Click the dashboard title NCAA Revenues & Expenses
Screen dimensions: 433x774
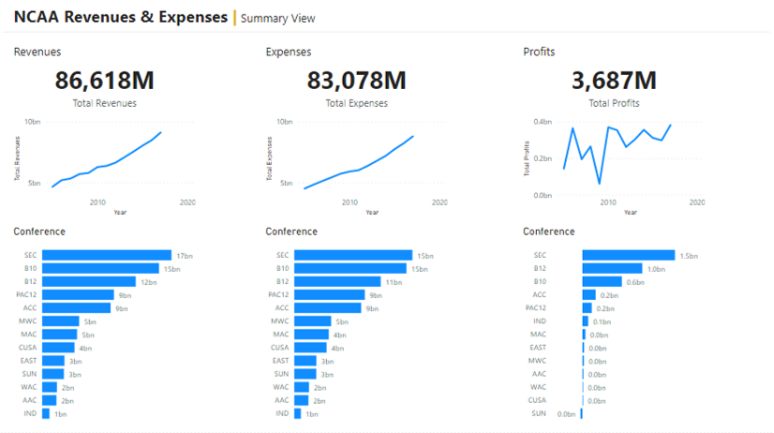120,17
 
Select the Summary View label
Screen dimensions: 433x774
278,19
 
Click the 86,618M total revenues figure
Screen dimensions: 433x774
104,81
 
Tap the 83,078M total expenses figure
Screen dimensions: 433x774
356,81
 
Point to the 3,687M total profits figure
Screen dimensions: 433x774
614,81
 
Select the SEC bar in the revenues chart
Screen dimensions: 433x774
107,255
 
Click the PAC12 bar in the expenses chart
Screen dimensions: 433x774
329,294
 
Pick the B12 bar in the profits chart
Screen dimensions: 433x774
613,268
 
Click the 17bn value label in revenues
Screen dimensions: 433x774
184,255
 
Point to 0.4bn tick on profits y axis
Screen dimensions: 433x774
542,122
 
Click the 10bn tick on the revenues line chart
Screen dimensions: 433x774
33,122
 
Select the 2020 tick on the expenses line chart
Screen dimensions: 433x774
439,202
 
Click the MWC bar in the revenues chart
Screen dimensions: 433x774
61,321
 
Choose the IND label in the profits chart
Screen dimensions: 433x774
539,321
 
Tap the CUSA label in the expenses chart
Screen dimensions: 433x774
279,347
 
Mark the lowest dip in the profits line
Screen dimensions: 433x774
600,183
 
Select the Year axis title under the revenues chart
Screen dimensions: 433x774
120,212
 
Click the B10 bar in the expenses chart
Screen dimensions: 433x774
351,268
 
